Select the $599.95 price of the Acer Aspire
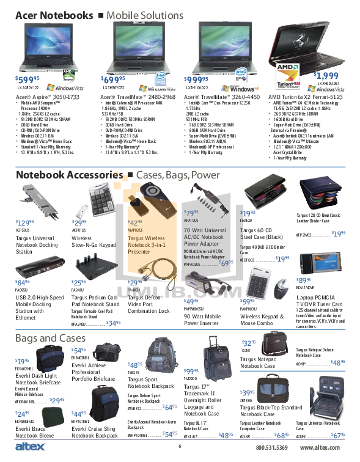click(x=28, y=79)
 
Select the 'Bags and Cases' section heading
click(x=50, y=338)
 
